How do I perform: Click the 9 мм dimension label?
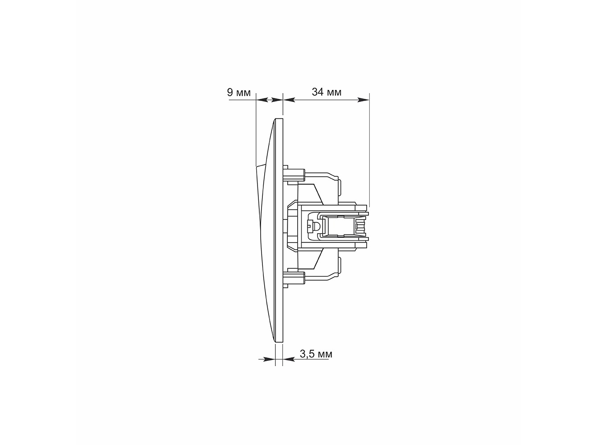pos(238,93)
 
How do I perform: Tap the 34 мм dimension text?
pos(327,92)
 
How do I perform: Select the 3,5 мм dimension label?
pos(316,354)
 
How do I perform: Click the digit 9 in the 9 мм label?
pos(230,93)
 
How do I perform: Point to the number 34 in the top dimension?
pos(318,92)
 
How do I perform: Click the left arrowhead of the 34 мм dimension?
pos(289,100)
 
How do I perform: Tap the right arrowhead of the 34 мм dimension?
pos(364,100)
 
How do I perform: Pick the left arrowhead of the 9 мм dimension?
pos(262,100)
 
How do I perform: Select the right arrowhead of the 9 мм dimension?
pos(277,100)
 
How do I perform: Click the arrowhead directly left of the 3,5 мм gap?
pos(269,360)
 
